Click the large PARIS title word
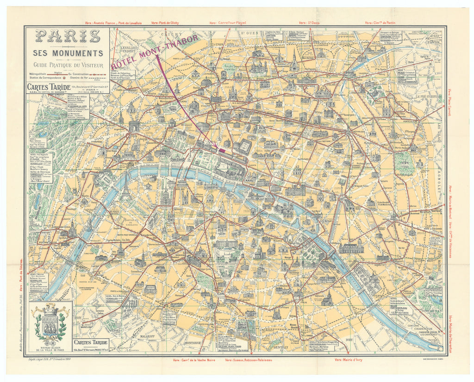click(68, 36)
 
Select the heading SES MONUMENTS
click(68, 53)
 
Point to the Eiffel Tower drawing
click(125, 186)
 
